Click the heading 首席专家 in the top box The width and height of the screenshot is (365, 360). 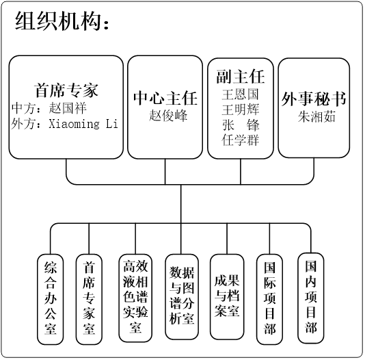coord(66,90)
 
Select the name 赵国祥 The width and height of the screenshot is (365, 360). coord(68,108)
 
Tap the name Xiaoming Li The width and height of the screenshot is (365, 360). coord(83,123)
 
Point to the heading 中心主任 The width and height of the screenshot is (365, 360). coord(165,98)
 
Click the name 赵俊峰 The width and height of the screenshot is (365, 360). coord(168,116)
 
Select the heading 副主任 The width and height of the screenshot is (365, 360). coord(241,77)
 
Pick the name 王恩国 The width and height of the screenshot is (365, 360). coord(241,94)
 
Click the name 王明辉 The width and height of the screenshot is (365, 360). coord(241,110)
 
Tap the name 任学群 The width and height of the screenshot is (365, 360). coord(241,140)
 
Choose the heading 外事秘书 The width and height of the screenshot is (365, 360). coord(314,99)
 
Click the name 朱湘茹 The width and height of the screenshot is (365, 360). coord(316,116)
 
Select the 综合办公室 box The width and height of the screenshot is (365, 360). coord(51,299)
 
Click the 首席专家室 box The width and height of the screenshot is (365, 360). coord(89,299)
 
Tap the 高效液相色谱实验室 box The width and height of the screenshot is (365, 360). coord(135,298)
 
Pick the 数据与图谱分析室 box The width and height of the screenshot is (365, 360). coord(182,296)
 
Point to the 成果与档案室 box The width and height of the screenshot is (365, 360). coord(227,296)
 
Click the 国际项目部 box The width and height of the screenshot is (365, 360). coord(269,299)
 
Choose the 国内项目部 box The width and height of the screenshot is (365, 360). coord(311,298)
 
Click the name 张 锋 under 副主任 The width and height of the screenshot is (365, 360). coord(241,125)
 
